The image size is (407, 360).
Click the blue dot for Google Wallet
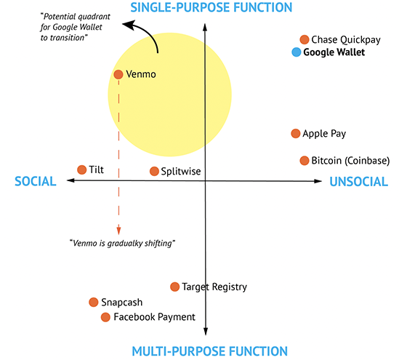click(297, 52)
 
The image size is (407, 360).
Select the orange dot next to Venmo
click(118, 74)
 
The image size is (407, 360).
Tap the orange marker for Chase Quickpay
click(305, 40)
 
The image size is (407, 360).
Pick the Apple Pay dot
click(296, 134)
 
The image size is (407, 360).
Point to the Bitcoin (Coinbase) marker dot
click(305, 161)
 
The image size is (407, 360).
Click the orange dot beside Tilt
click(81, 170)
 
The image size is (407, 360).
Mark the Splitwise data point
click(154, 172)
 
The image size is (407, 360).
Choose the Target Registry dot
click(174, 287)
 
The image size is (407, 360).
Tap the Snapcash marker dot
click(94, 303)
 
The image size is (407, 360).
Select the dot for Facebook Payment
click(105, 317)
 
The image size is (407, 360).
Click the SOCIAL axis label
click(36, 181)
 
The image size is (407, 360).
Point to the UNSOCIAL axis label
click(359, 182)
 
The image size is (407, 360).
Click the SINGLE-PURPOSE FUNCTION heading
click(211, 7)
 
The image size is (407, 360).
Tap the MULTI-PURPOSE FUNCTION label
click(210, 351)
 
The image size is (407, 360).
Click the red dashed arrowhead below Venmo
click(118, 231)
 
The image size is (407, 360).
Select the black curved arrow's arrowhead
click(129, 25)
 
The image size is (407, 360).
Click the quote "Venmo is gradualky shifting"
click(122, 244)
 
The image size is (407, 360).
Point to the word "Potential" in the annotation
click(59, 17)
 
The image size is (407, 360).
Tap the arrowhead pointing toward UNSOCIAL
click(318, 181)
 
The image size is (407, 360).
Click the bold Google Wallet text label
click(334, 52)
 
